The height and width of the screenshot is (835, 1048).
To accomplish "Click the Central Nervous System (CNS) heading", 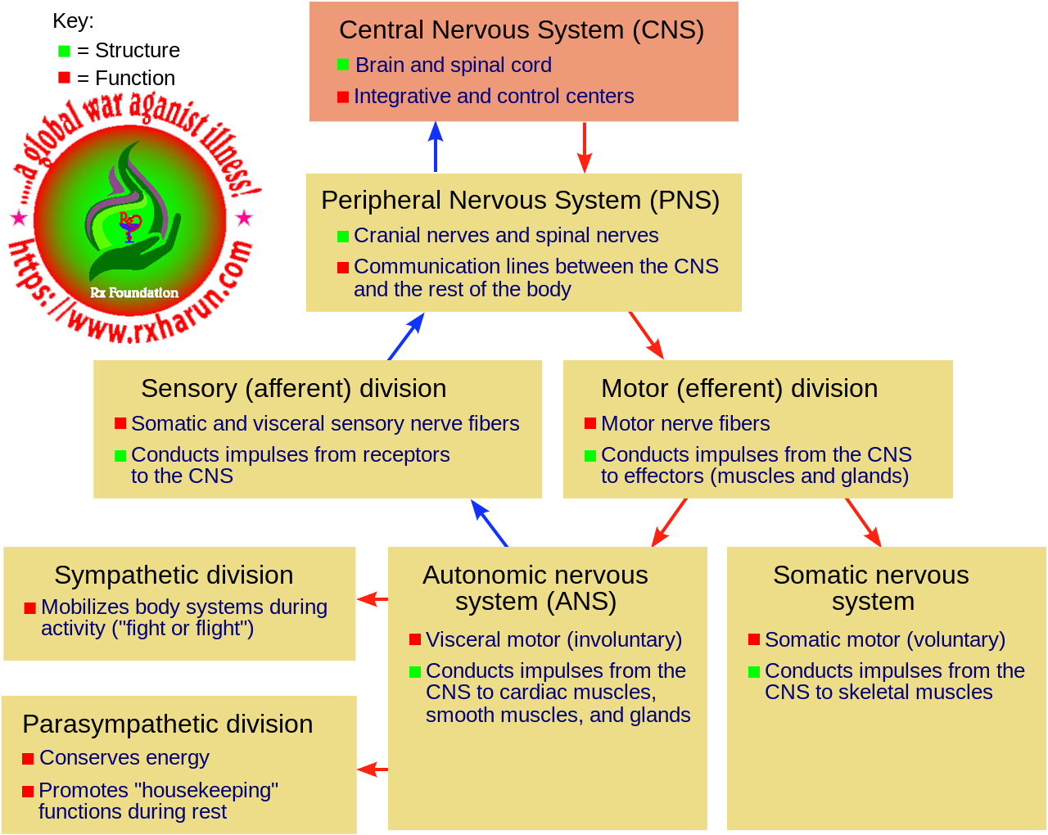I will pos(522,30).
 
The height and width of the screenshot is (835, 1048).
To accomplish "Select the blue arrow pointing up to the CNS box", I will pos(436,147).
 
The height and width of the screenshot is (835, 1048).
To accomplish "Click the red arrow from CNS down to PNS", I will pos(584,147).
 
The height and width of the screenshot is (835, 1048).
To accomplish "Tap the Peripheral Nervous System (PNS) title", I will pos(520,201).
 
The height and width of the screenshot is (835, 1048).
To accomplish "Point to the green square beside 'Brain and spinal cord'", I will pos(343,65).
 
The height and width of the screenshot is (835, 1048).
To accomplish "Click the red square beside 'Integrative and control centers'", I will pos(343,97).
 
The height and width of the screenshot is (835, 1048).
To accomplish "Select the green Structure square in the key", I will pos(65,51).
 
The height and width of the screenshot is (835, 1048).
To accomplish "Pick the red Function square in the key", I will pos(65,78).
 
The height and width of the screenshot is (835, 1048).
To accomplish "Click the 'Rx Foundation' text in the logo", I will pos(134,292).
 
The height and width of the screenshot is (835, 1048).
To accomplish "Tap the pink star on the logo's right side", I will pos(244,218).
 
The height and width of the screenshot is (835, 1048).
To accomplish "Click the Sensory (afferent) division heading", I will pos(293,388).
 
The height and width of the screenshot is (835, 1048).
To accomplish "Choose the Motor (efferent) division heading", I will pos(739,388).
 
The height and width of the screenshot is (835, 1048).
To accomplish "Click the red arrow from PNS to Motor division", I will pos(646,336).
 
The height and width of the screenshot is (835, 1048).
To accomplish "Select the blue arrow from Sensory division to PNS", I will pos(406,336).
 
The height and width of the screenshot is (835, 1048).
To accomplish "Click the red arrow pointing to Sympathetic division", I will pos(372,599).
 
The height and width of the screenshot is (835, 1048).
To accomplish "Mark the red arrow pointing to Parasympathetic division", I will pos(372,770).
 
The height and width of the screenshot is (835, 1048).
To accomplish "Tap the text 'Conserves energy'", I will pos(124,758).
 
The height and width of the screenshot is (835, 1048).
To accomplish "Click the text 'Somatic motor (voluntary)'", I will pos(884,639).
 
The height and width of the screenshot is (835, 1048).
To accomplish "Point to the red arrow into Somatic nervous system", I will pos(863,522).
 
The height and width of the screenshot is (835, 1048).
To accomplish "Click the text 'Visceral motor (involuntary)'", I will pos(553,639).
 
